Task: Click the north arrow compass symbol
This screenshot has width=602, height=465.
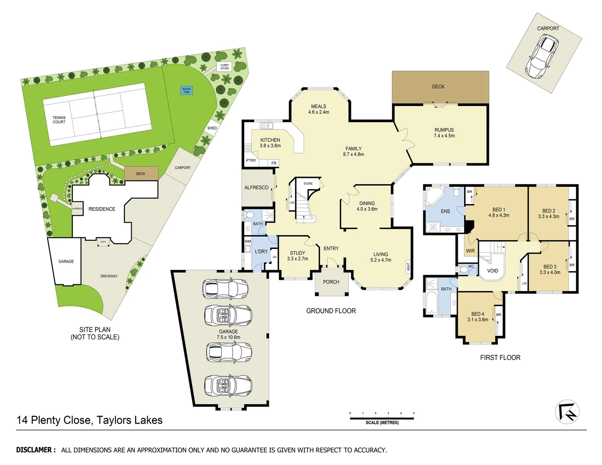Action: [567, 412]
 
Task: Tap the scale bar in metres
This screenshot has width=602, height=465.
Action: [382, 418]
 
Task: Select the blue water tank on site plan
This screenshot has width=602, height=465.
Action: [186, 90]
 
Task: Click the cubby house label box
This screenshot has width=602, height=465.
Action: [225, 67]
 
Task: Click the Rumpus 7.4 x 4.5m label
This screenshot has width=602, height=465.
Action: [444, 133]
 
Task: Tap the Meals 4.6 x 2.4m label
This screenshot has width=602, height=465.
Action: [319, 109]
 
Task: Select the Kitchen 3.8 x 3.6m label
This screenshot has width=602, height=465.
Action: [270, 143]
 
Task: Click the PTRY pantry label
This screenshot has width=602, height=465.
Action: [251, 161]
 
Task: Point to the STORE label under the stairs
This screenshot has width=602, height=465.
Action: [308, 183]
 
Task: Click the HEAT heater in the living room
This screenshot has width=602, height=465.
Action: [408, 267]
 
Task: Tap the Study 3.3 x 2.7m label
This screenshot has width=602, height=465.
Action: [298, 256]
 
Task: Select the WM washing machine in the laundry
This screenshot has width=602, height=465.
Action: [248, 242]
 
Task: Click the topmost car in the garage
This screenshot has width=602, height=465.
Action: [226, 288]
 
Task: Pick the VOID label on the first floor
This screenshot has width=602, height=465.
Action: [493, 271]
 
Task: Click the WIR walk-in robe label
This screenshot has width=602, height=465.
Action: [470, 251]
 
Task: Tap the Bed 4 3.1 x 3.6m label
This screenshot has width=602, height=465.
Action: [478, 317]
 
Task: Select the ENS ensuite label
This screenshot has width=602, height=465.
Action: [445, 211]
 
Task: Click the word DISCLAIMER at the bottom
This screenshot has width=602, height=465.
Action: [36, 450]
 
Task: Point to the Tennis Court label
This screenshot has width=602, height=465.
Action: [59, 120]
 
